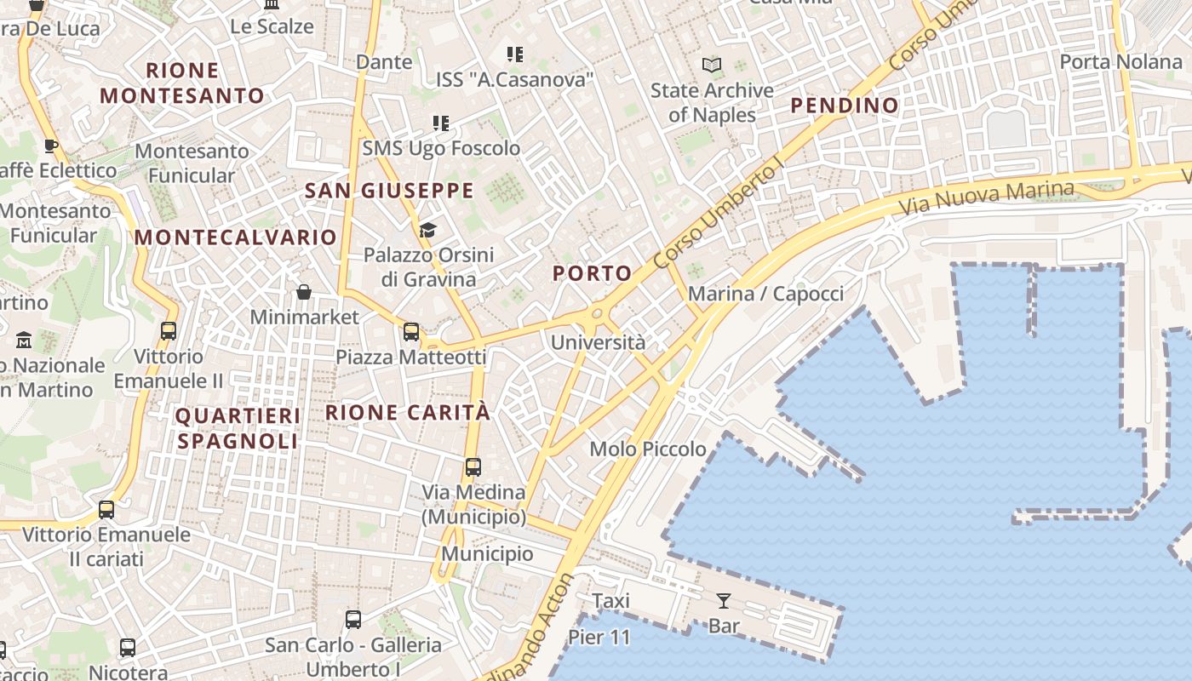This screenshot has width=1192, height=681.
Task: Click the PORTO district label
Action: pos(593,273)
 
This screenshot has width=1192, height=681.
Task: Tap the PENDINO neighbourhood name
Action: pos(845,106)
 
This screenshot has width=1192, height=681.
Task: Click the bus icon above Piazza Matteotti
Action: pos(411,332)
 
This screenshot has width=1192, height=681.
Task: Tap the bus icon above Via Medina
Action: pos(473,467)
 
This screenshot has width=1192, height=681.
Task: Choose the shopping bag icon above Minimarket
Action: pos(304,293)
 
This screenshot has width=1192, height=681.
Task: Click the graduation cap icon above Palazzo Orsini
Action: pos(427,230)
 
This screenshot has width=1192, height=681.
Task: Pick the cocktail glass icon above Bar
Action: pos(724,601)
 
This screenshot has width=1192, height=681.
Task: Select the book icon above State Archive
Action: pos(711,66)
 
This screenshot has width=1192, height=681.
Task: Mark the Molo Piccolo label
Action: pos(648,449)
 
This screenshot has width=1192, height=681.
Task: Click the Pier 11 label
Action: pos(599,638)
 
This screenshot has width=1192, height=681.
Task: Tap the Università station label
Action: pos(598,343)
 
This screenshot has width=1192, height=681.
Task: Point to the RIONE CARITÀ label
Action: pos(408,413)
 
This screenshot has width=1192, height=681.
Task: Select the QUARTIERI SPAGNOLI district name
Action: pos(238,428)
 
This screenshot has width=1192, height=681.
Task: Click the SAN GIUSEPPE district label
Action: pos(389,191)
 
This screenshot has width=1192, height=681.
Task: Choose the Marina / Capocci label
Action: pos(765,295)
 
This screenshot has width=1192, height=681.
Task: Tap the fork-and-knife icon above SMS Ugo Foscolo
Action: pos(440,123)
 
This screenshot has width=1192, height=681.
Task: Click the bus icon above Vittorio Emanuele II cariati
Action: pos(106,510)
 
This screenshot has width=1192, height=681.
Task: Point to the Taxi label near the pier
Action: pos(611,601)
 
